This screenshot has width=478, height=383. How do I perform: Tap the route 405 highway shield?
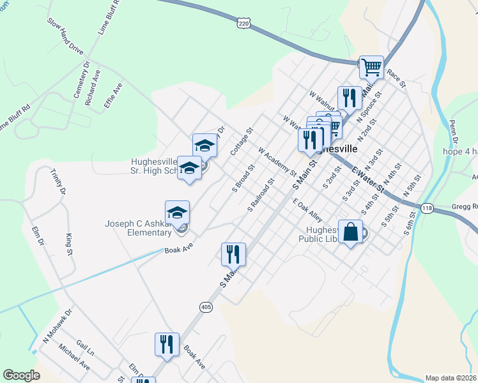[x=205, y=307]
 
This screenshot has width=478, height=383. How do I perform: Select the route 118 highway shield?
[x=427, y=208]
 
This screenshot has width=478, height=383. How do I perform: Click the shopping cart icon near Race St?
[x=371, y=66]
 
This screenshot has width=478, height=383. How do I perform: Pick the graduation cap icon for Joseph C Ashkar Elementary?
[x=178, y=213]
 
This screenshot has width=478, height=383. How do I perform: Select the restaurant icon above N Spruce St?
[x=350, y=98]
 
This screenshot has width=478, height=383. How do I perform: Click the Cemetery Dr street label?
[x=82, y=80]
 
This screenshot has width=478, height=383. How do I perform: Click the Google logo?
[x=21, y=375]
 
